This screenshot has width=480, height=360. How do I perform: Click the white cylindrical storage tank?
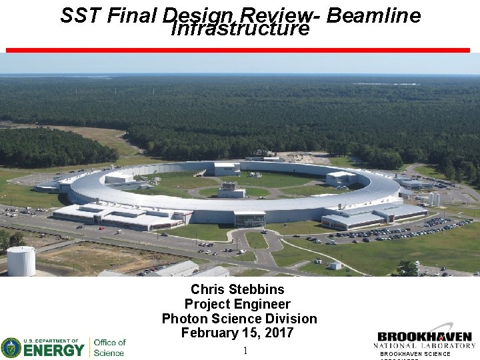tap(21, 261)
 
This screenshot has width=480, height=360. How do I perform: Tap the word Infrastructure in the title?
tap(240, 29)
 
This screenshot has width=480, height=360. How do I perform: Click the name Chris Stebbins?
tap(237, 289)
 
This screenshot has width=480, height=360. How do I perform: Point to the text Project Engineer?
tap(237, 304)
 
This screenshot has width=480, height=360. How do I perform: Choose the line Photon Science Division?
tap(239, 319)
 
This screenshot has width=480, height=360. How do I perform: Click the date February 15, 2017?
tap(237, 333)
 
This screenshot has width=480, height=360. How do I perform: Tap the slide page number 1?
tap(245, 351)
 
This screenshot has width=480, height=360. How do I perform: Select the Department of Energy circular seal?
tap(11, 347)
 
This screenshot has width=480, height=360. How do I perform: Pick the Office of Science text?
tap(109, 347)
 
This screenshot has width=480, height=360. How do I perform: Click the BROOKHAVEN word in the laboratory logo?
tap(425, 337)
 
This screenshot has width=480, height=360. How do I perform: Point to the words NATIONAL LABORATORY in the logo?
tap(425, 345)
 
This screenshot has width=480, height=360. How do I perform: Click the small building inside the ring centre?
tap(231, 191)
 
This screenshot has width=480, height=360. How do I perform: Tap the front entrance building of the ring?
tap(249, 219)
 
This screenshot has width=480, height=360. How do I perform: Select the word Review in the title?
tap(279, 15)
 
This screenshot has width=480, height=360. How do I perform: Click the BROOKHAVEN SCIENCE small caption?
tap(415, 354)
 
